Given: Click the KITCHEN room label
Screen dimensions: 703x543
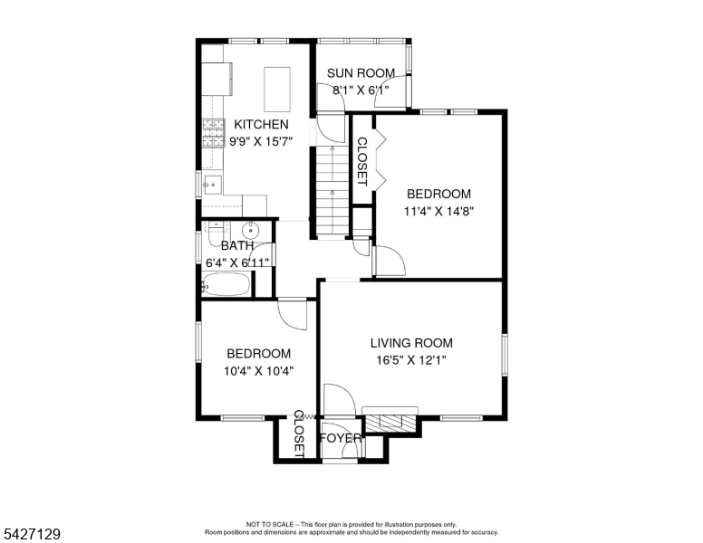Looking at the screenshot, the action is [262, 124].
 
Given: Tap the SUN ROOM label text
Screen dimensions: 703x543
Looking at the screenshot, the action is [361, 73].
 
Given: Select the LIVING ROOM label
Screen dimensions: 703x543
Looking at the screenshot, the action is [411, 343].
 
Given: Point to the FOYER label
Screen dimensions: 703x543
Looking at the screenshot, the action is [341, 438].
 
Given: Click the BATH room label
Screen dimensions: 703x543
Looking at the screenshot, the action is [237, 245].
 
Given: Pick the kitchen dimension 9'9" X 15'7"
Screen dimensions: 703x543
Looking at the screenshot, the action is [262, 141].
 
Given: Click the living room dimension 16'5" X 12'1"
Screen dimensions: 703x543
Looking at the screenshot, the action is [411, 360].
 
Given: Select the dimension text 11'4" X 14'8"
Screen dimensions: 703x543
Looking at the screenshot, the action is [439, 211].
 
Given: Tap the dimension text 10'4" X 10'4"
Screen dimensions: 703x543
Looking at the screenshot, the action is [259, 371].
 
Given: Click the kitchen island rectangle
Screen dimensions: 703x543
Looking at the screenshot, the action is [277, 90].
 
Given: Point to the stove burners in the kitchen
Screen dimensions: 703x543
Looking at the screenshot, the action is [214, 133].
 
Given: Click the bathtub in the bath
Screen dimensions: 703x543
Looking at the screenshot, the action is [226, 284].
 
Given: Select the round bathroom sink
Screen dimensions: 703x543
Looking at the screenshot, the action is [251, 231].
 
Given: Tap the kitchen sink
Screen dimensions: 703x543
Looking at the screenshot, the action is [213, 185].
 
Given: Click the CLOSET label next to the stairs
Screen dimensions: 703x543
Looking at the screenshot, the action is [361, 162].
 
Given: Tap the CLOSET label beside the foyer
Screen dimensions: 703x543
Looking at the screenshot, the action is [299, 433].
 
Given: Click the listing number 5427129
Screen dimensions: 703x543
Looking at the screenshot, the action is [32, 534].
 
